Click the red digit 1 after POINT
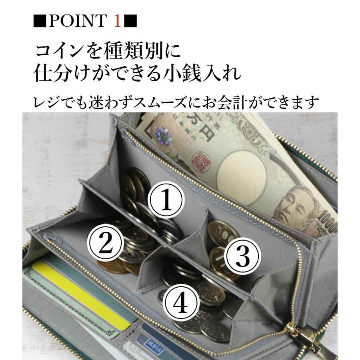click(x=117, y=21)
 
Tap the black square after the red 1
click(x=130, y=21)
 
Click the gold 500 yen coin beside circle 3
click(x=222, y=232)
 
